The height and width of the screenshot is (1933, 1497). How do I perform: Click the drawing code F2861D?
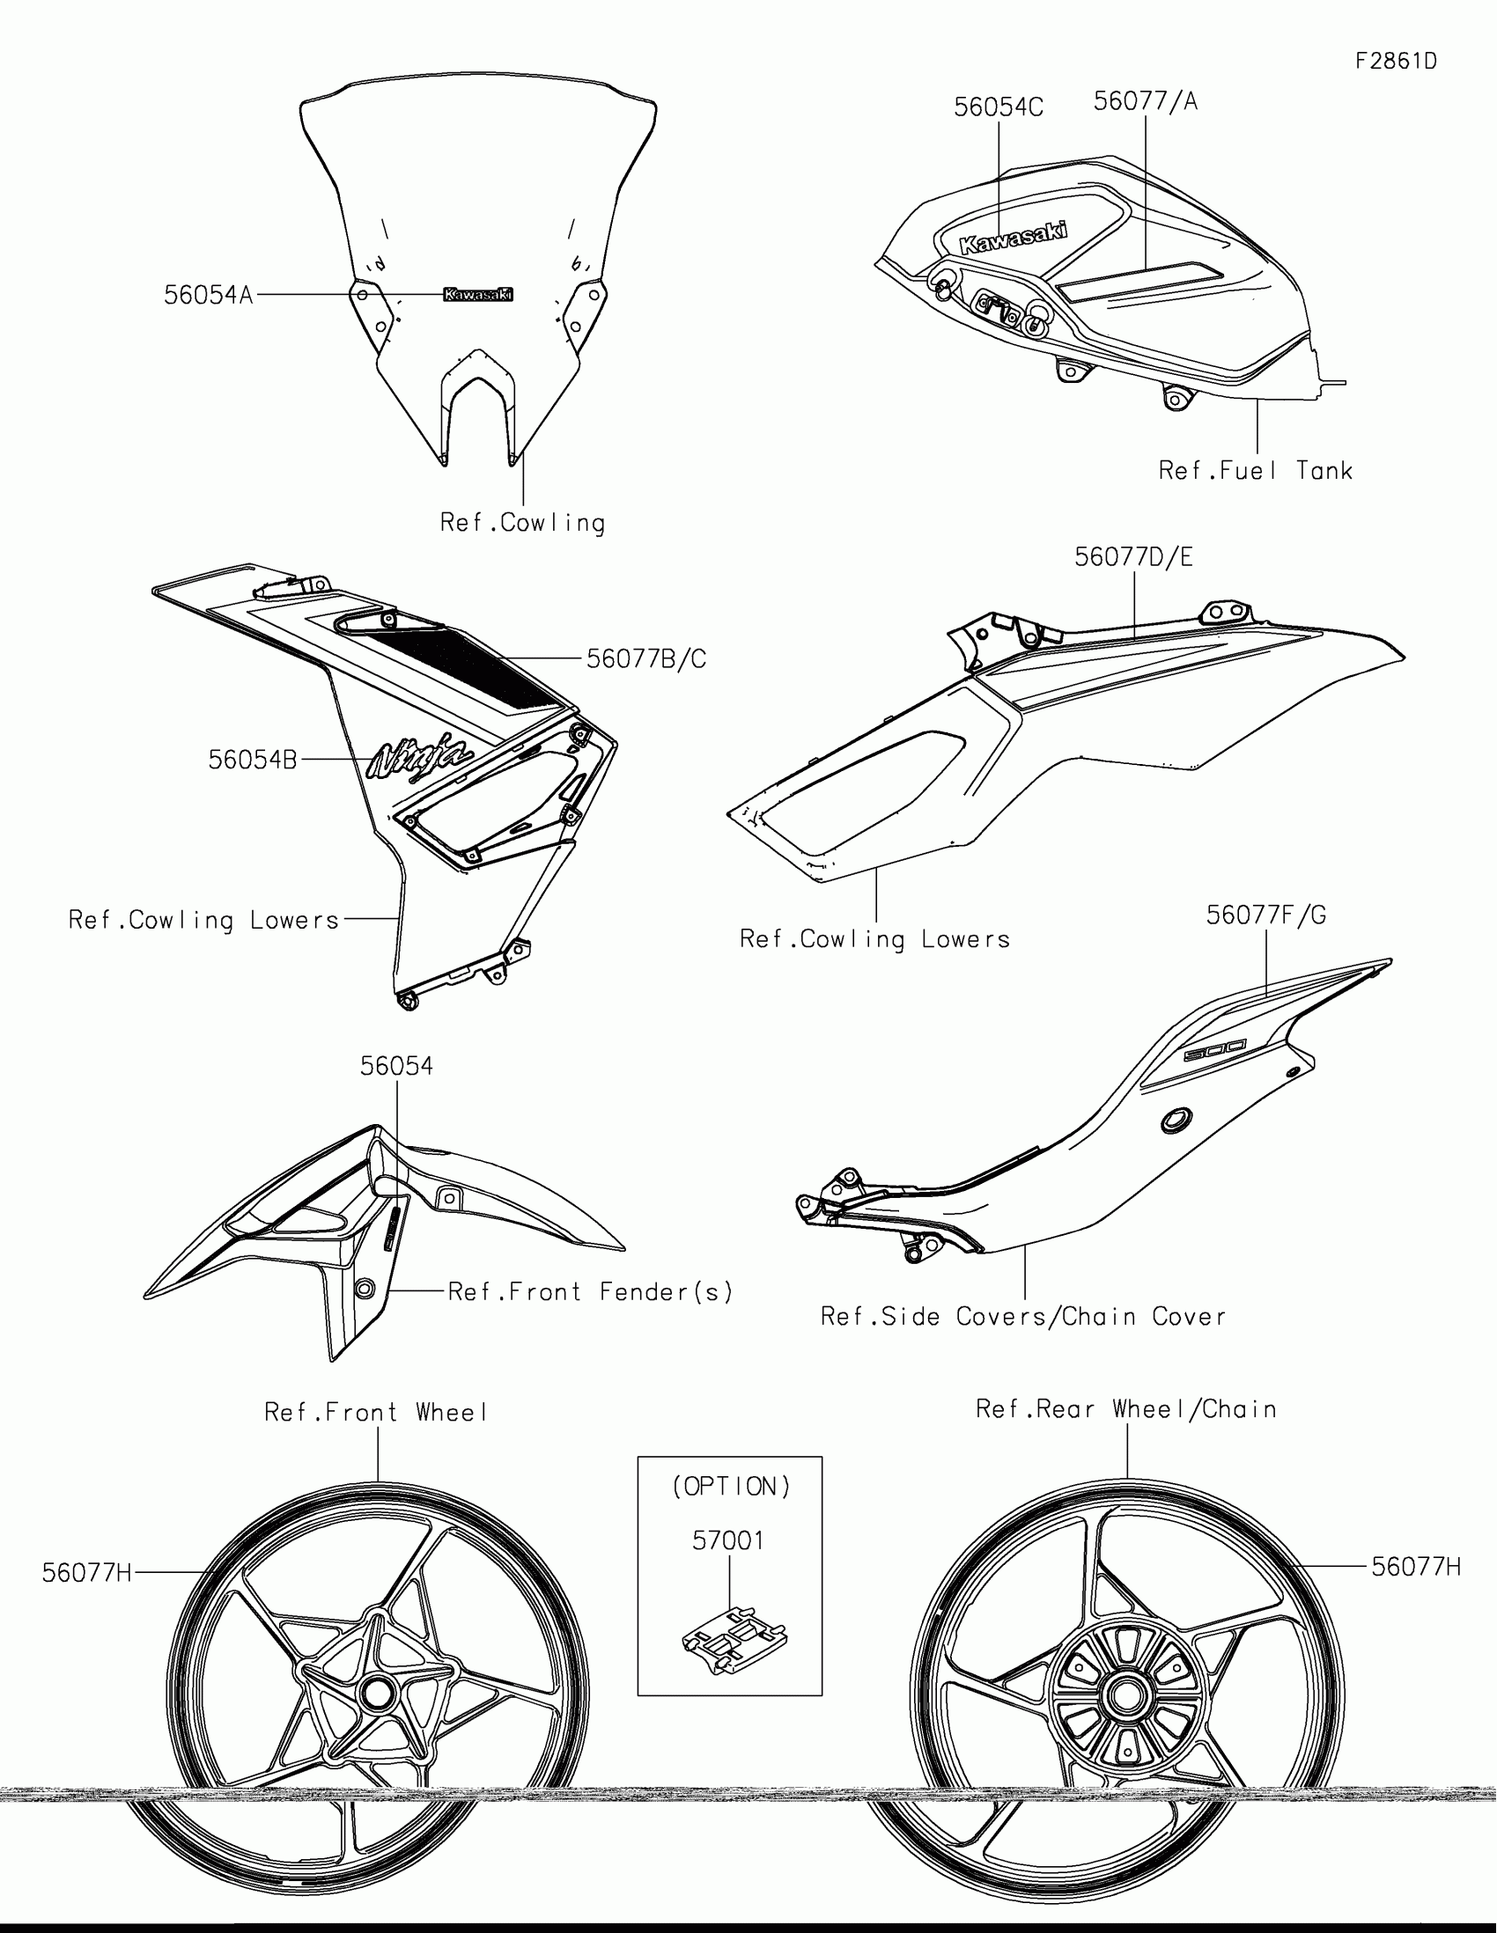[x=1396, y=61]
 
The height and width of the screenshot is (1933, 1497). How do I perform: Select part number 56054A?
[x=208, y=295]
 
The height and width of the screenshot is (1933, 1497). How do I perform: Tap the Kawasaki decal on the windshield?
[x=478, y=295]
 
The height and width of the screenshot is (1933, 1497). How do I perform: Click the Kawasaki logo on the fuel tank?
[x=1014, y=237]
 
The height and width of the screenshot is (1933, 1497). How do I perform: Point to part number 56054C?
[x=998, y=107]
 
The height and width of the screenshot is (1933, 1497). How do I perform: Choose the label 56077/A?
[x=1146, y=101]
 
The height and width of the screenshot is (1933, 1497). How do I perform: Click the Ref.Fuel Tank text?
[x=1256, y=471]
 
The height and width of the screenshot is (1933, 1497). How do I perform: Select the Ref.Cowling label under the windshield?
[x=522, y=522]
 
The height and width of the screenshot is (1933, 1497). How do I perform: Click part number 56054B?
[x=253, y=760]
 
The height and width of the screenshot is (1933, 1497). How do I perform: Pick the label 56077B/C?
[x=646, y=658]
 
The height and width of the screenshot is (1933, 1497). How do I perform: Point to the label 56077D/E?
[x=1133, y=556]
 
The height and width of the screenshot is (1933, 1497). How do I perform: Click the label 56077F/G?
[x=1266, y=915]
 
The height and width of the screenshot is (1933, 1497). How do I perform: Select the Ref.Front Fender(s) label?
[x=591, y=1292]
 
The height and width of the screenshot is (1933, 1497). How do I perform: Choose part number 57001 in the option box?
[x=727, y=1541]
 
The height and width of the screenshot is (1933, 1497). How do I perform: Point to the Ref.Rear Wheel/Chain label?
[x=1126, y=1409]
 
